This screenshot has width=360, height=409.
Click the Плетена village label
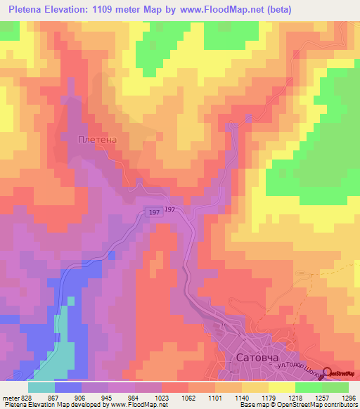pyautogui.click(x=96, y=139)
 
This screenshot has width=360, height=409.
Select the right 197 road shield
pyautogui.click(x=169, y=209)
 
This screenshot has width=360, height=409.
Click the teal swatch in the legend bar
pyautogui.click(x=41, y=387)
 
